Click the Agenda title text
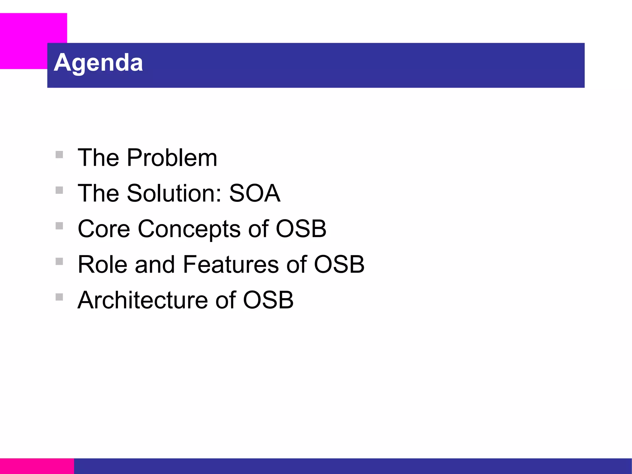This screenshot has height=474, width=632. (x=98, y=63)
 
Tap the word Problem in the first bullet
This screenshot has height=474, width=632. (x=172, y=158)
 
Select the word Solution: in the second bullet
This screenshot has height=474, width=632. (x=174, y=193)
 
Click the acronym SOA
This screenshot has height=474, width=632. (x=255, y=193)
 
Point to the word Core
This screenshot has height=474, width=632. (x=104, y=229)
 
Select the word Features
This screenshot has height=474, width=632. (x=231, y=264)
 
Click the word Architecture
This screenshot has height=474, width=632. (x=143, y=300)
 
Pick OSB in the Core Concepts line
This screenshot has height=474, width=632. (x=301, y=229)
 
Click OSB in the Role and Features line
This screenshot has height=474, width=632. (x=339, y=264)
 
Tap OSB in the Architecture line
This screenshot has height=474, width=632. (x=268, y=300)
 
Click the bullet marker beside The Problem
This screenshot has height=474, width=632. (x=59, y=154)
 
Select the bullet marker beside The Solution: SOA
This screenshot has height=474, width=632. (x=59, y=190)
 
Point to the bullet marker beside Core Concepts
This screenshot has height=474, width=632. (x=59, y=226)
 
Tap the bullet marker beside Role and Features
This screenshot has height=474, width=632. (x=59, y=261)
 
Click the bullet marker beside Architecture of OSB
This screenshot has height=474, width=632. (x=59, y=297)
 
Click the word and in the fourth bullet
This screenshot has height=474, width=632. (x=154, y=264)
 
